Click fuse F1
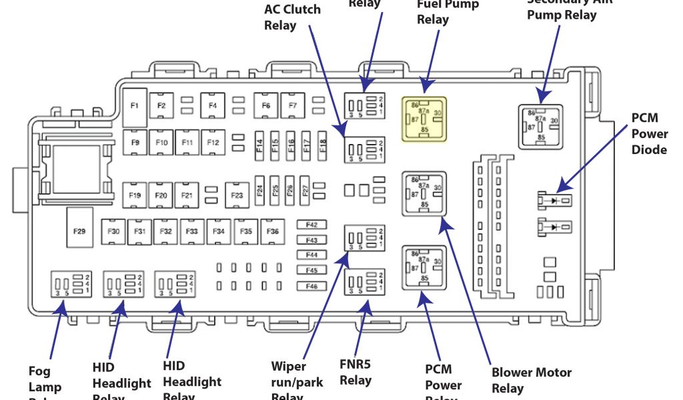tap(135, 105)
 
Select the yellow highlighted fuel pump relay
tap(423, 119)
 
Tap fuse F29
tap(79, 231)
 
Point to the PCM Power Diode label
tap(649, 134)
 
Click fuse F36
tap(272, 231)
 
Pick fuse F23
tap(237, 195)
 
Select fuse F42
tap(311, 225)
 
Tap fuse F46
tap(311, 287)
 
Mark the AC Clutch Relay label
tap(292, 17)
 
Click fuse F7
tap(292, 105)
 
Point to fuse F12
tap(213, 143)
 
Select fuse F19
tap(135, 195)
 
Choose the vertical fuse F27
tap(305, 190)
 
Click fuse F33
tap(191, 231)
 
